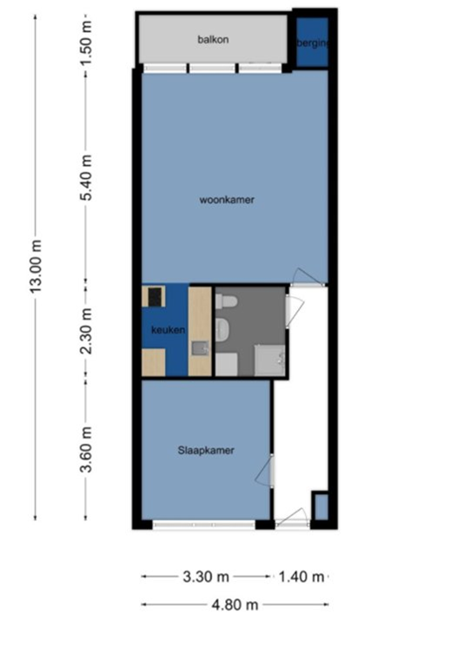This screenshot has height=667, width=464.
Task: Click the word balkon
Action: [213, 40]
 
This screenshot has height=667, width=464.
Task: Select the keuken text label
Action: [167, 331]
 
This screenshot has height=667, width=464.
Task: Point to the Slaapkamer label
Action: [206, 450]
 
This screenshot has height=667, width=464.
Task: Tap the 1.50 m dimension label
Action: [86, 35]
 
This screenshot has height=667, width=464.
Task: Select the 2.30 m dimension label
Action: [86, 331]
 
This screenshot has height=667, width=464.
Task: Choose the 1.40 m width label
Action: [301, 576]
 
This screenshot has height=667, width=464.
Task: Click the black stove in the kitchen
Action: [155, 297]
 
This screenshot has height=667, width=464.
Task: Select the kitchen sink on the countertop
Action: [200, 349]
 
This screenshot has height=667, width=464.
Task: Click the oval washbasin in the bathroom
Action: [222, 329]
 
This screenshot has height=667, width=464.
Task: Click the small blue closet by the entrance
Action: [320, 506]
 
